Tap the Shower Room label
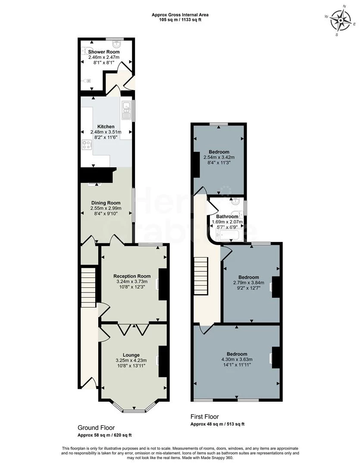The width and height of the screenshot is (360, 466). (104, 52)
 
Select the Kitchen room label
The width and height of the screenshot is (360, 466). (106, 126)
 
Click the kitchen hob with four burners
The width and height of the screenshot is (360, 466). (86, 145)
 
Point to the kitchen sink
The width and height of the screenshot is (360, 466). (127, 110)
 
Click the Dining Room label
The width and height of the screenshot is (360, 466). (106, 203)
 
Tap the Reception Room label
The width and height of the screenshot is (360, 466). (132, 276)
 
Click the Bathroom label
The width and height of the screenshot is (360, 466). (227, 217)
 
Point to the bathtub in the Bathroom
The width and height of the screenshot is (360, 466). (227, 235)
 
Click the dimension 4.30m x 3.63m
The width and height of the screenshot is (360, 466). (237, 359)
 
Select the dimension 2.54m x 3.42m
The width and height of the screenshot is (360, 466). (219, 157)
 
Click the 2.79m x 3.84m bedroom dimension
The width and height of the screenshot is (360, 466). (249, 283)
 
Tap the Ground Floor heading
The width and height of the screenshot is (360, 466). (96, 428)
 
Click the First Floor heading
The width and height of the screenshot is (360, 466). (205, 417)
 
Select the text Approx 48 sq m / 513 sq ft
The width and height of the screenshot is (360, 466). (220, 425)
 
